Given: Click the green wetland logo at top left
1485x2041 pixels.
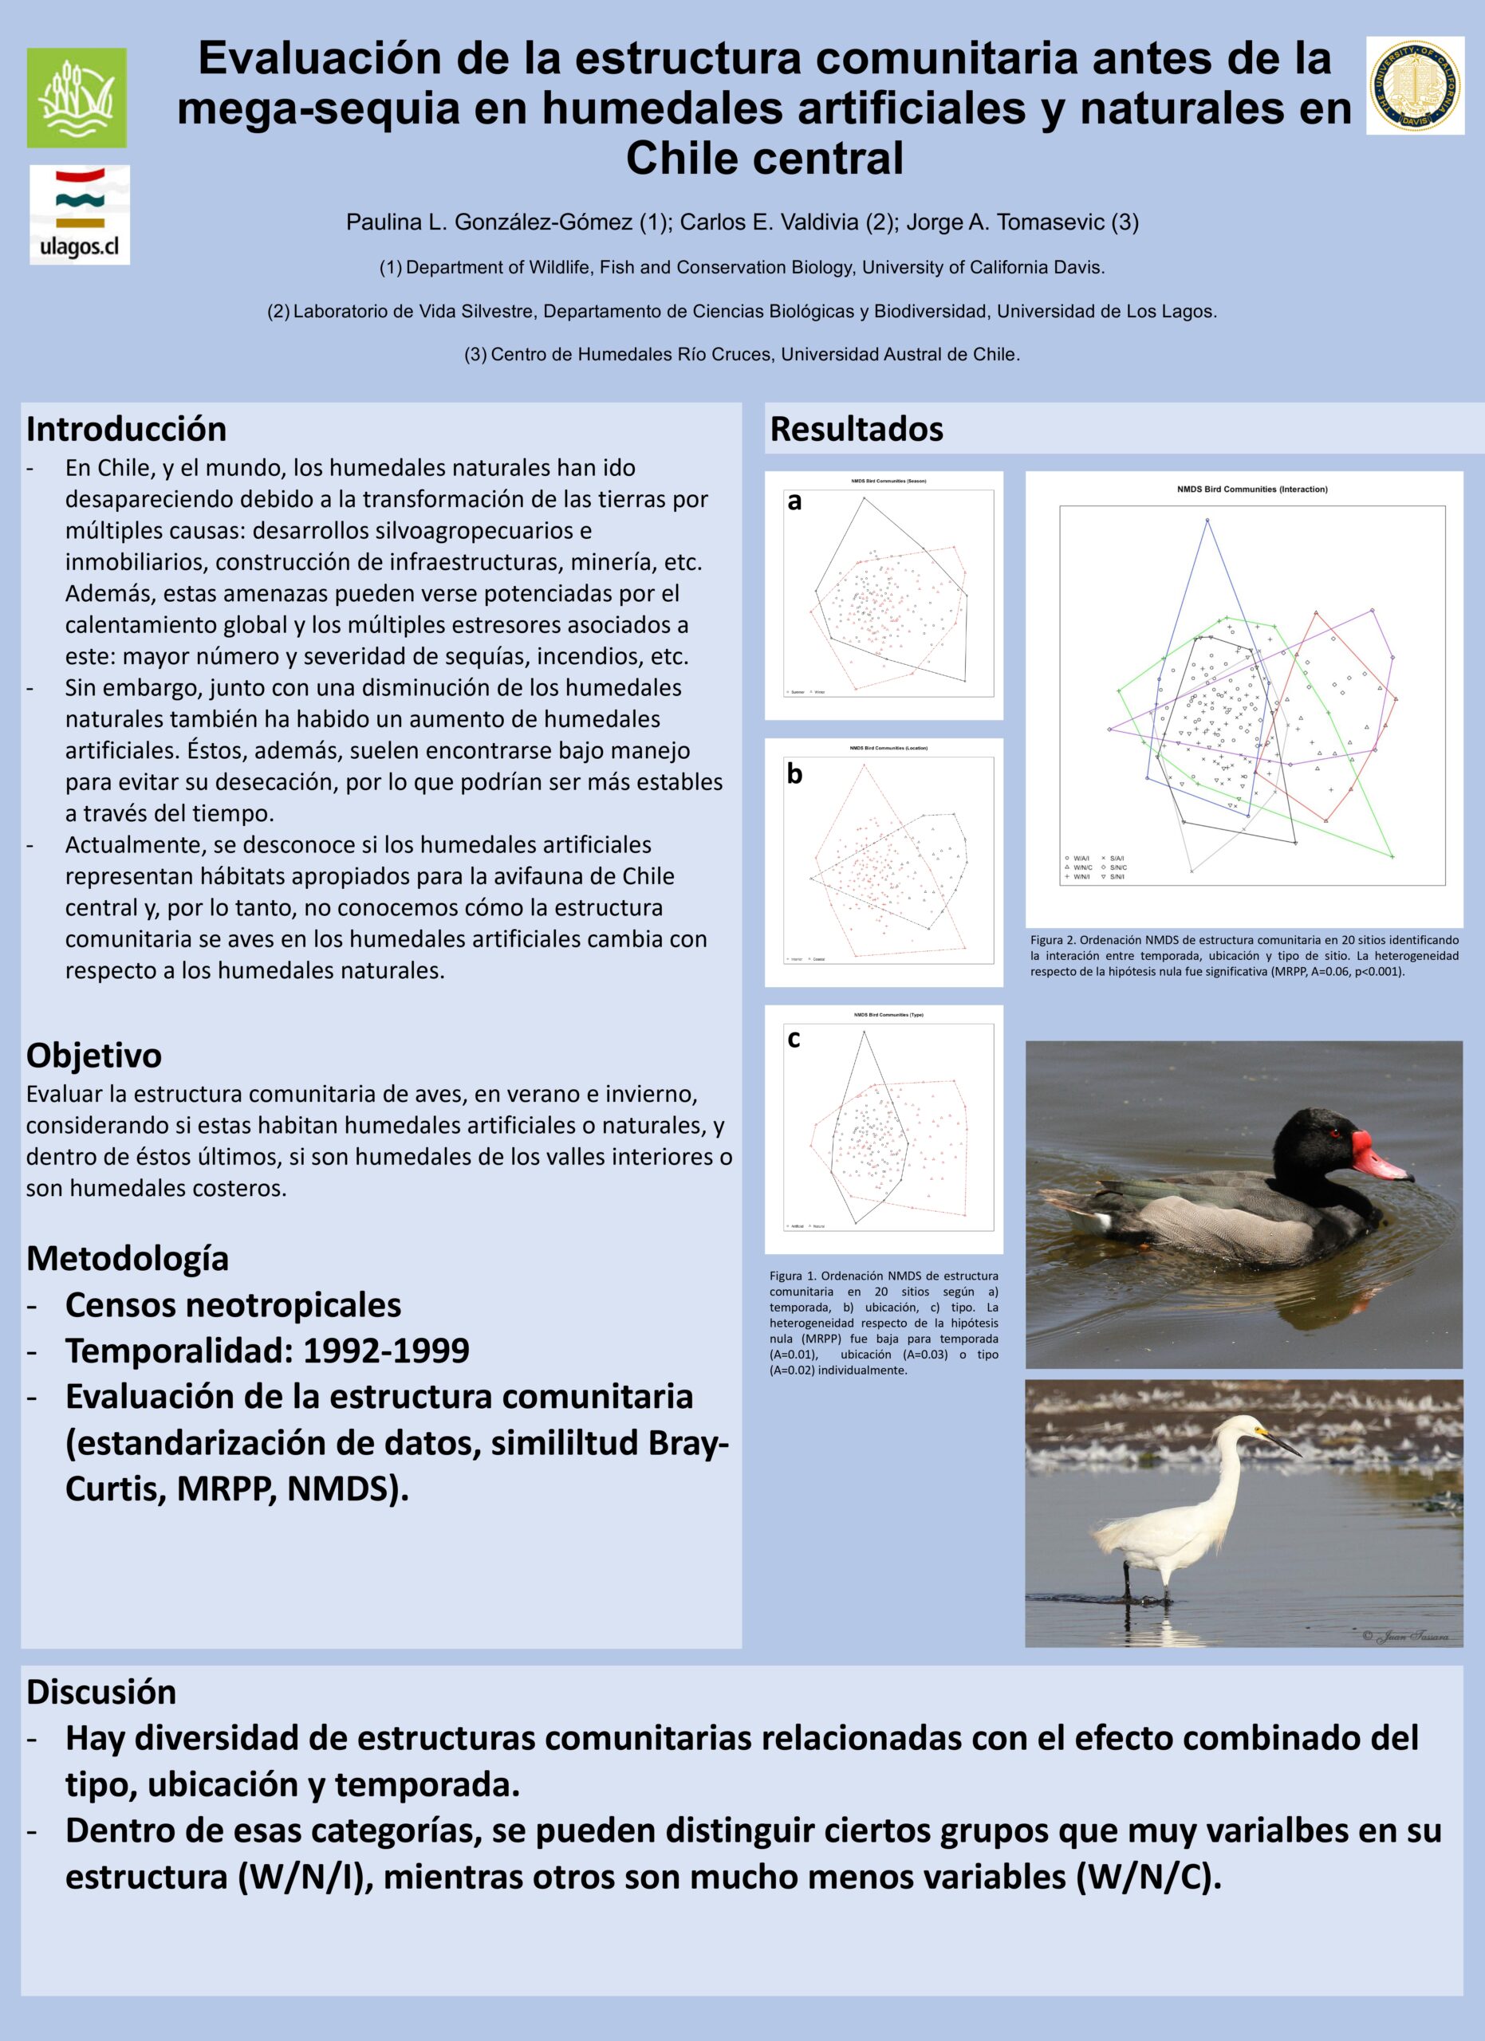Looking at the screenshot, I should tap(77, 97).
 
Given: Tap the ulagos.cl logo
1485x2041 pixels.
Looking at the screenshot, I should tap(79, 214).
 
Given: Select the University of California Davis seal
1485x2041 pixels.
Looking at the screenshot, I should tap(1415, 85).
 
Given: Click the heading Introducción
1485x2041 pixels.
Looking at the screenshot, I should tap(126, 429).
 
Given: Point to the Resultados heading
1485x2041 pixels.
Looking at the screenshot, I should tap(856, 429).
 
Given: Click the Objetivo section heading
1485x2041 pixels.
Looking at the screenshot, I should tap(93, 1055).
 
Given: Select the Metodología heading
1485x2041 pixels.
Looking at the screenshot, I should tap(127, 1257).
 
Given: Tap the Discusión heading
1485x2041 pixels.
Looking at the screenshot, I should tap(100, 1692).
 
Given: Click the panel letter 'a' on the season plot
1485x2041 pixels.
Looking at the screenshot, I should tap(794, 501).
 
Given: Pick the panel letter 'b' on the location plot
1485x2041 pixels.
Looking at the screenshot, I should tap(794, 774).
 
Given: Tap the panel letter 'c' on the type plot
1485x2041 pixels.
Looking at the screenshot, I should tap(793, 1037).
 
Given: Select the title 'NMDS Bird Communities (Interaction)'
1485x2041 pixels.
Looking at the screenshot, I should tap(1252, 490).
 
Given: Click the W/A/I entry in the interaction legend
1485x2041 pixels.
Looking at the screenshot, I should tap(1080, 859).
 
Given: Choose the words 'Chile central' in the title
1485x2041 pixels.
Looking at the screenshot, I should tap(764, 159).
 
